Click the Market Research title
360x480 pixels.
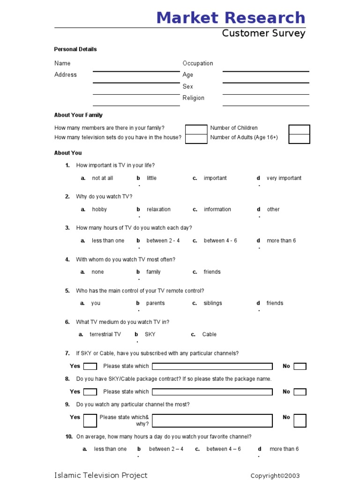[231, 18]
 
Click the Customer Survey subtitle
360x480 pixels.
[263, 33]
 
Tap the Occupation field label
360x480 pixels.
[197, 63]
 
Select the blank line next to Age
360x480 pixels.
[265, 78]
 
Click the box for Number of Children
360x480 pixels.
[299, 129]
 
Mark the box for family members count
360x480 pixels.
[196, 129]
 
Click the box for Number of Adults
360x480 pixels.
[299, 139]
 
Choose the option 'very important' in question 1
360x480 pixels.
[284, 178]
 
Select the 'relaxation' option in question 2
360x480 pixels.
[158, 210]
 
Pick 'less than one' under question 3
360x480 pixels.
[108, 241]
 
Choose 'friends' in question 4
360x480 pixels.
[212, 272]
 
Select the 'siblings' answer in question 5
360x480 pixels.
[213, 303]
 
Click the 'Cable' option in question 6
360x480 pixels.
[209, 335]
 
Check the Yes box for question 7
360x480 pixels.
[90, 367]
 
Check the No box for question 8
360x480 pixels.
[300, 392]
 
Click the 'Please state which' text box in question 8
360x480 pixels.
[212, 392]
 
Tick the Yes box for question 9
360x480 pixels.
[90, 420]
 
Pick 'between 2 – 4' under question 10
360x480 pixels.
[166, 449]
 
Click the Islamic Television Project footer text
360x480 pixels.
[101, 475]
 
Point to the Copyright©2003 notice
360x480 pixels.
[275, 476]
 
